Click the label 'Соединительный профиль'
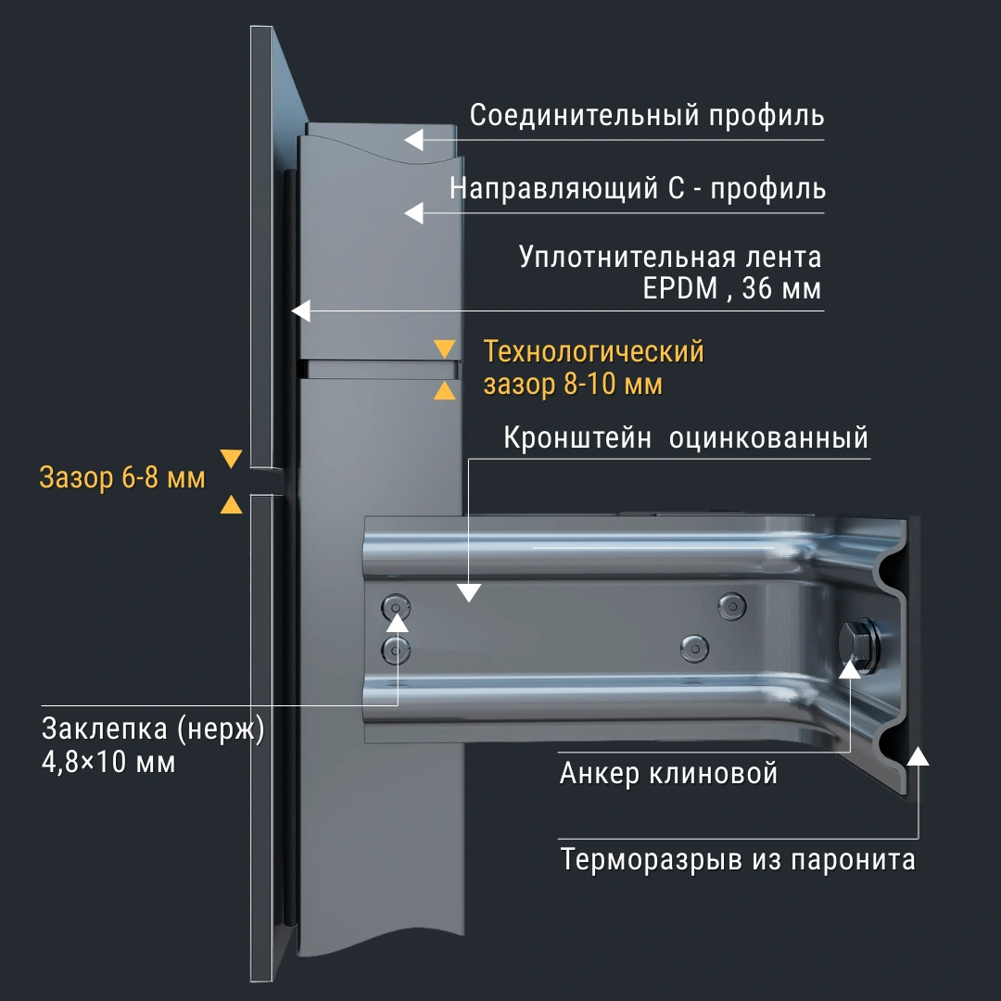pyautogui.click(x=647, y=117)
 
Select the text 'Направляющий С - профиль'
pyautogui.click(x=638, y=189)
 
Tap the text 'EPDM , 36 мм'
pyautogui.click(x=732, y=289)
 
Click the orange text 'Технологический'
pyautogui.click(x=594, y=352)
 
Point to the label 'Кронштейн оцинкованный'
pyautogui.click(x=686, y=437)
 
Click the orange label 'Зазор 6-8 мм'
pyautogui.click(x=122, y=479)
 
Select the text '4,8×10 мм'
pyautogui.click(x=108, y=763)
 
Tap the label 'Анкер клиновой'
pyautogui.click(x=668, y=773)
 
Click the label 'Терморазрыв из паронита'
pyautogui.click(x=738, y=859)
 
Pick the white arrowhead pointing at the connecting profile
pyautogui.click(x=413, y=140)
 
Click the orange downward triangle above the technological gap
pyautogui.click(x=445, y=349)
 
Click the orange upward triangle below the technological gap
pyautogui.click(x=445, y=390)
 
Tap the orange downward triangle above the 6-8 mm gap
pyautogui.click(x=231, y=459)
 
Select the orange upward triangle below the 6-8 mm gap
pyautogui.click(x=231, y=504)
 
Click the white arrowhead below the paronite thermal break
pyautogui.click(x=918, y=754)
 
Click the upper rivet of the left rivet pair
pyautogui.click(x=397, y=608)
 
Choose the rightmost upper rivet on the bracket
pyautogui.click(x=732, y=604)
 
